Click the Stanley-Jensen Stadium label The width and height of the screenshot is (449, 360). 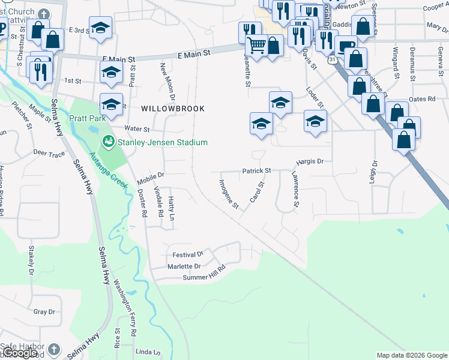tap(163, 142)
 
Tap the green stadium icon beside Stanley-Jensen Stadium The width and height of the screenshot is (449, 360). tap(109, 142)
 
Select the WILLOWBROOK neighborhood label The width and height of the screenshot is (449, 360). tap(173, 109)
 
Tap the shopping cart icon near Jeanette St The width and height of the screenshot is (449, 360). tap(257, 46)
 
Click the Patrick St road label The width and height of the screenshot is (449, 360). tap(256, 171)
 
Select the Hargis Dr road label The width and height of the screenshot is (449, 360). tap(310, 161)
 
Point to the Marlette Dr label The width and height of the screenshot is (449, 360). tap(184, 266)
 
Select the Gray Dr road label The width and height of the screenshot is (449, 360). tap(44, 312)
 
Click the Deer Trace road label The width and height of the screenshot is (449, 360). tap(49, 154)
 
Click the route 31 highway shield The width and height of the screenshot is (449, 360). tap(332, 60)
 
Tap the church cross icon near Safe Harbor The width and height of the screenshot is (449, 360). tap(54, 349)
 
